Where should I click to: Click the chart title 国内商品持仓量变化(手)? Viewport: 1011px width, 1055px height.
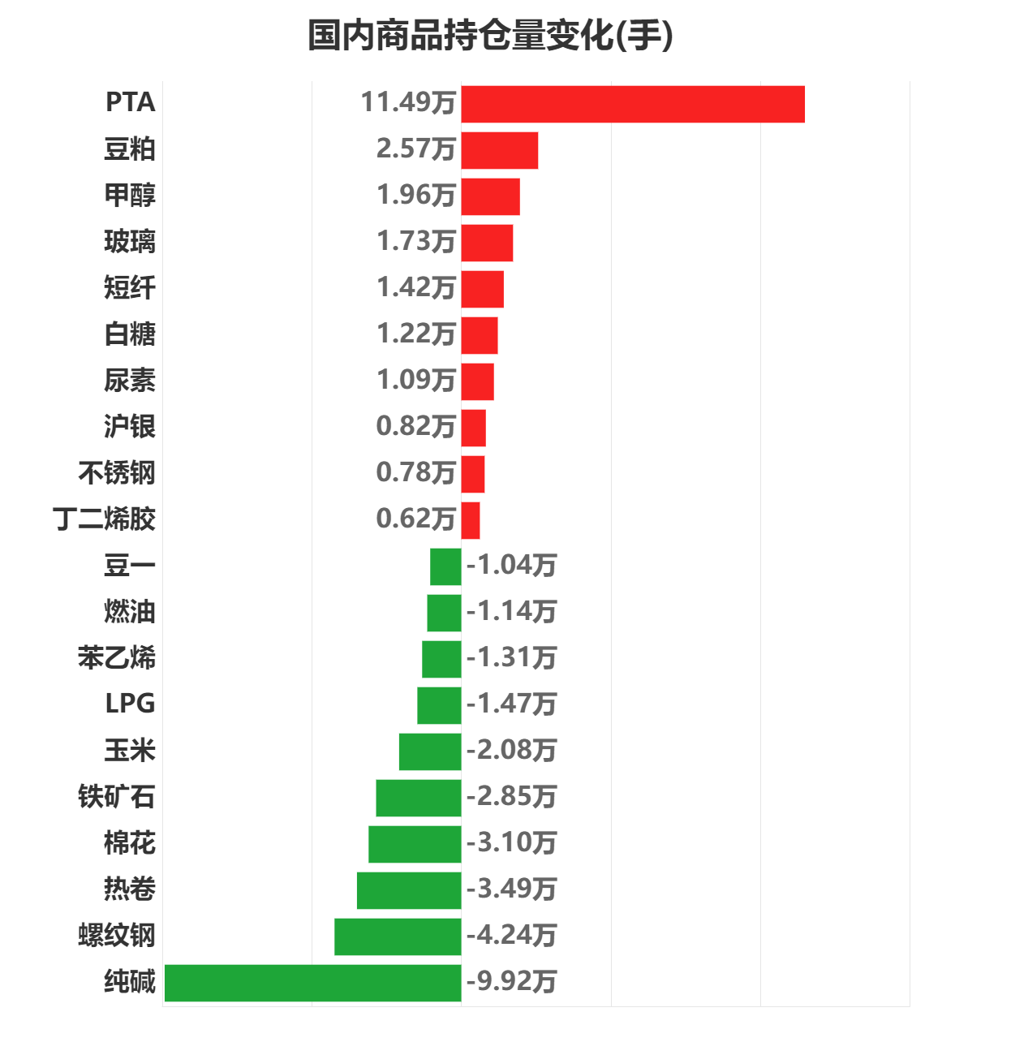coord(490,37)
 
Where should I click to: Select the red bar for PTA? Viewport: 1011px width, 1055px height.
coord(633,104)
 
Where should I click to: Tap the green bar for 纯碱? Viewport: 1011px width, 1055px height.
coord(312,983)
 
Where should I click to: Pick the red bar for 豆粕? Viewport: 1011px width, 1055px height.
coord(500,150)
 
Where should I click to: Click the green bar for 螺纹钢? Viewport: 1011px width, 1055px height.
coord(398,937)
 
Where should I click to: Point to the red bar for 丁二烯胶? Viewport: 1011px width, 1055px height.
coord(471,520)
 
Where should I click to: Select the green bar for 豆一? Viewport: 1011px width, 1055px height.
coord(445,566)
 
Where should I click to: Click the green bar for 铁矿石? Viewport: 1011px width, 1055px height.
coord(419,798)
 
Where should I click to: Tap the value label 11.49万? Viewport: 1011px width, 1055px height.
coord(408,103)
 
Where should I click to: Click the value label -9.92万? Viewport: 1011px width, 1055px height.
coord(512,982)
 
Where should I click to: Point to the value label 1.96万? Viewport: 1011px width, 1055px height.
coord(415,196)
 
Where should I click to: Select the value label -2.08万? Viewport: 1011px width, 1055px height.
coord(512,751)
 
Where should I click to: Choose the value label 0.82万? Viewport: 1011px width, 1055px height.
coord(415,427)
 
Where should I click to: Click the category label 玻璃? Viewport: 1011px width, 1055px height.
coord(130,242)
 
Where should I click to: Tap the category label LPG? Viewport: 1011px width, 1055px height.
coord(130,704)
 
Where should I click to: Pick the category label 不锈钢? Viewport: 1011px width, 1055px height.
coord(117,473)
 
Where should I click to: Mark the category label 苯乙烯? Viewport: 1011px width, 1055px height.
coord(117,658)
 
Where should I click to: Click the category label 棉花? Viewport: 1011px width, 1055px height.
coord(130,843)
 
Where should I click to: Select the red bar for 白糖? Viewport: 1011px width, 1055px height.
coord(480,335)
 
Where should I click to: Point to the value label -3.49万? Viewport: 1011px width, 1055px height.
coord(512,889)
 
